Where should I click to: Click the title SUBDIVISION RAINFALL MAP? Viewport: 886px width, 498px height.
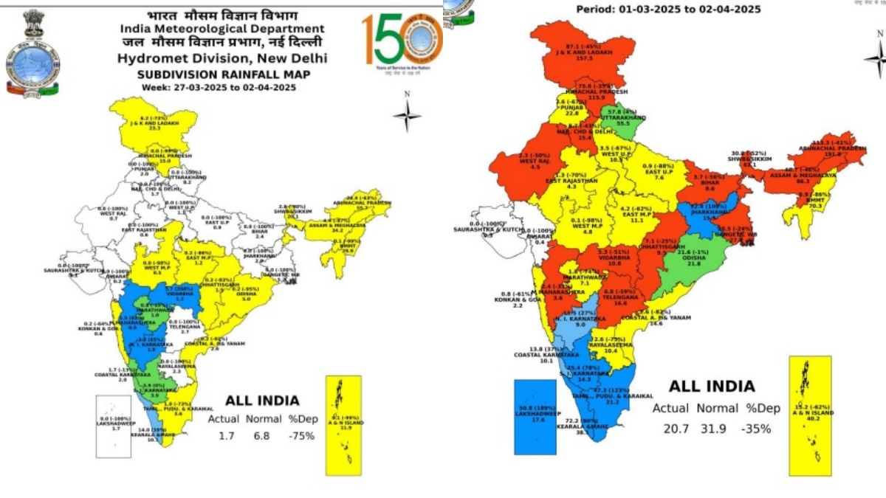[222, 75]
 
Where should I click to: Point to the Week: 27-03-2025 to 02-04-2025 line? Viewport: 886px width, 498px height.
[222, 87]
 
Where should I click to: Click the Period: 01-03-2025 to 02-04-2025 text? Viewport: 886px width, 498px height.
[669, 9]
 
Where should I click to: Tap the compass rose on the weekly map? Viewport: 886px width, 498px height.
[407, 114]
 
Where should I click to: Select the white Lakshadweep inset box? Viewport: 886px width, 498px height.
[118, 426]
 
